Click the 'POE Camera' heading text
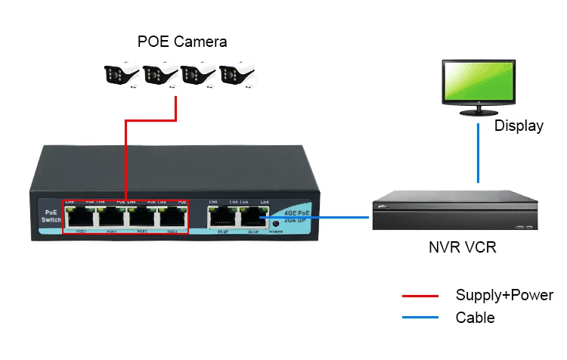click(182, 41)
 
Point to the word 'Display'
click(519, 126)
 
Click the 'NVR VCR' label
click(461, 247)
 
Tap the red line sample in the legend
click(421, 296)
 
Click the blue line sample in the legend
click(421, 318)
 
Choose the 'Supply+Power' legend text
click(504, 296)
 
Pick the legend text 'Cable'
click(475, 318)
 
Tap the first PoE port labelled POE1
click(79, 217)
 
